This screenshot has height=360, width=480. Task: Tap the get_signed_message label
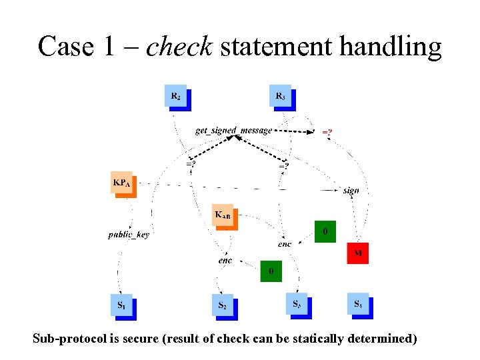pyautogui.click(x=233, y=131)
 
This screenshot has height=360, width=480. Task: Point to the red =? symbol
pyautogui.click(x=327, y=132)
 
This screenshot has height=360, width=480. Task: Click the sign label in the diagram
pyautogui.click(x=351, y=190)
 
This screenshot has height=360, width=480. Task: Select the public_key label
pyautogui.click(x=129, y=235)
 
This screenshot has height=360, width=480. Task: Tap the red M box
pyautogui.click(x=358, y=253)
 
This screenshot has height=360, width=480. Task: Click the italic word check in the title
pyautogui.click(x=179, y=47)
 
